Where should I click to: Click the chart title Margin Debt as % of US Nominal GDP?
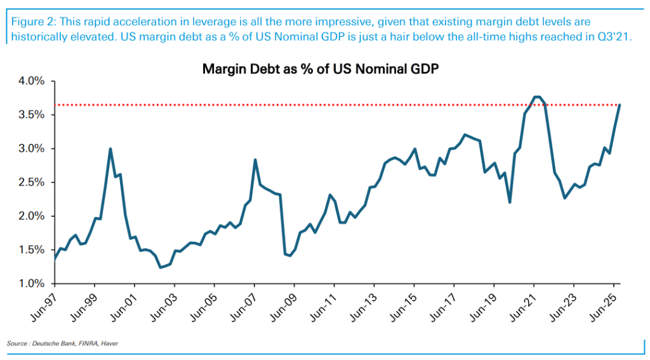coord(321,69)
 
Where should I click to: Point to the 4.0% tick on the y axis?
coord(31,81)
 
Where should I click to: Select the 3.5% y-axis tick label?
coord(31,115)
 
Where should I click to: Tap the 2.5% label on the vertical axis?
coord(31,183)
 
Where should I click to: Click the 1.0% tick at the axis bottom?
coord(31,284)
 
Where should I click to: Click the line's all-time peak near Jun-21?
coord(536,97)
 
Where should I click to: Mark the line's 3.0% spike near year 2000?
coord(110,149)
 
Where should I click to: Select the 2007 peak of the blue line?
coord(255,160)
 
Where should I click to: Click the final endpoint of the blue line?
coord(620,105)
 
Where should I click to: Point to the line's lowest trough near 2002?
coord(161,267)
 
